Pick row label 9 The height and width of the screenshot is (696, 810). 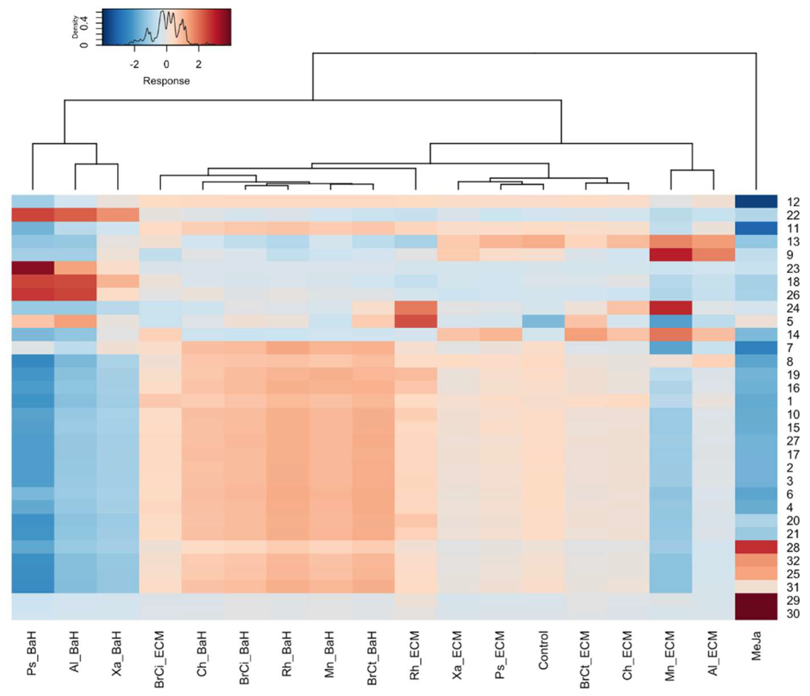click(790, 255)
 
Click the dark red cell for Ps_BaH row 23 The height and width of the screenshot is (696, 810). click(32, 268)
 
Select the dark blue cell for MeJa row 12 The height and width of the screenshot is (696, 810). click(756, 202)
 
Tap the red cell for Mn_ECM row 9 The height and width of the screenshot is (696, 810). click(671, 255)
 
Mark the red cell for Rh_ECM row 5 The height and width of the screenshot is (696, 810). click(415, 321)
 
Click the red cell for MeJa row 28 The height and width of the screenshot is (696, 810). click(756, 547)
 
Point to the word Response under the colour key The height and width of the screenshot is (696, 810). click(166, 81)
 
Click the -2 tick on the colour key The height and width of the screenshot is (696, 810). click(134, 64)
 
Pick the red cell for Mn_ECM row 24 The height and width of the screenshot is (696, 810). click(671, 308)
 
